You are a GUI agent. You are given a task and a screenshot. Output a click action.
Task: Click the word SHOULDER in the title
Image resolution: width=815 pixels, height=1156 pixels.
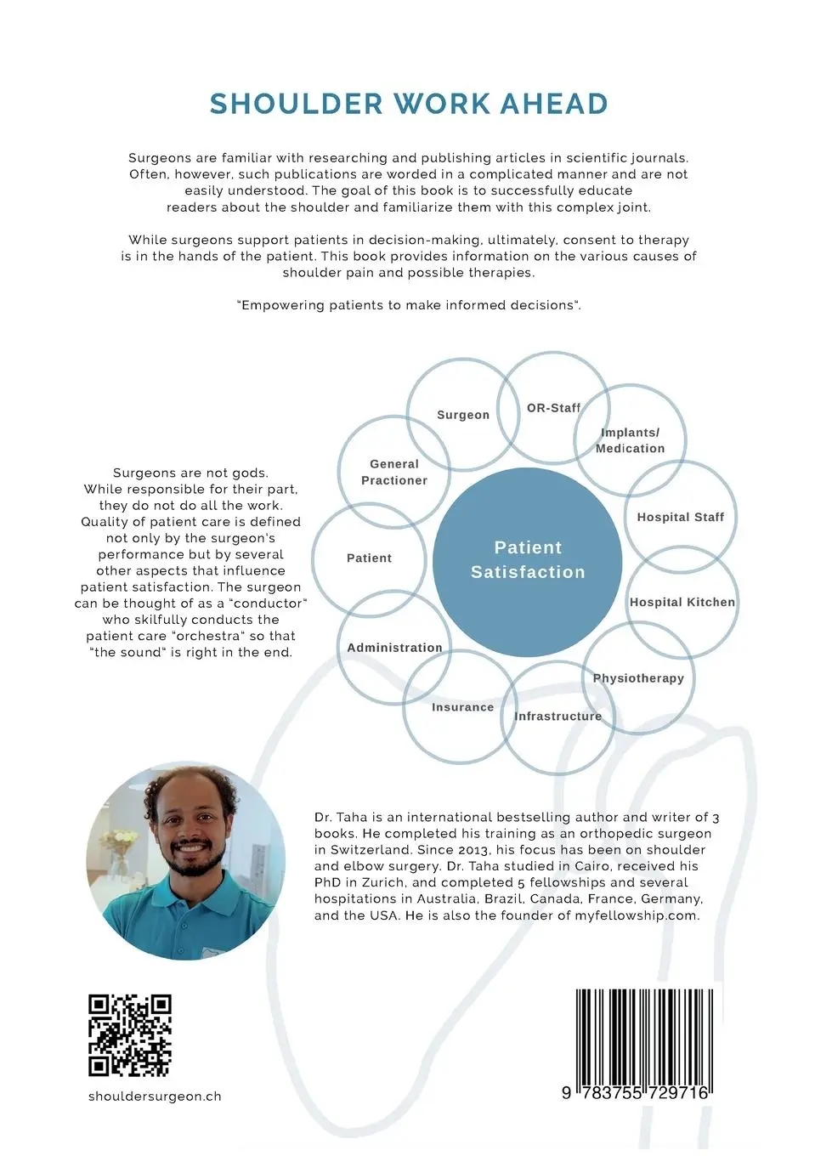296,104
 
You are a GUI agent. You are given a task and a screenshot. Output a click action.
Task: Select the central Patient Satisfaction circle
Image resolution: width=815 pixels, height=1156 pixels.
527,562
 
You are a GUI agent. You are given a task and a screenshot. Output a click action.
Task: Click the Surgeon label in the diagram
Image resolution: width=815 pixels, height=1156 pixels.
462,415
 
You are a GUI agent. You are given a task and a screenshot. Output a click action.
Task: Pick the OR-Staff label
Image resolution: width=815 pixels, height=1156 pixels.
553,408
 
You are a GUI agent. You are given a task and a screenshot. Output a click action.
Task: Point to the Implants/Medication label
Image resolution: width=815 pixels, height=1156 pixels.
630,440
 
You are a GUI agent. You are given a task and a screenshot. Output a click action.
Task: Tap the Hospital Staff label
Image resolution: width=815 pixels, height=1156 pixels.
681,517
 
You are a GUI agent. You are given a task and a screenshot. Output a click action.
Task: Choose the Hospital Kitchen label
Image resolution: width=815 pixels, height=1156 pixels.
682,602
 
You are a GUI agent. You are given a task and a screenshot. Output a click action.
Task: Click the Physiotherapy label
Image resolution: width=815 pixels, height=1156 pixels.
638,678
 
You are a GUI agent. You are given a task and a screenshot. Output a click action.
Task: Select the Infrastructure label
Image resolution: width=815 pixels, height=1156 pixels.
557,716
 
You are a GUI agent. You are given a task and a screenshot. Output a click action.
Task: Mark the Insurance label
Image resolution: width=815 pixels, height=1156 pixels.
462,707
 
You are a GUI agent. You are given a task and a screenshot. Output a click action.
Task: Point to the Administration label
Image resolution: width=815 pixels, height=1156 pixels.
394,647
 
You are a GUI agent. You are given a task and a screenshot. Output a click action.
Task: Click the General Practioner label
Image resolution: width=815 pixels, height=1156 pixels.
394,473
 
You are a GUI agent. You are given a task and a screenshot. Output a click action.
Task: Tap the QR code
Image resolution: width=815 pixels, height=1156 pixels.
129,1035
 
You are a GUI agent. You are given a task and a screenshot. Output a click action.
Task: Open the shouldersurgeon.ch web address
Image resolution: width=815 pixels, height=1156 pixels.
155,1096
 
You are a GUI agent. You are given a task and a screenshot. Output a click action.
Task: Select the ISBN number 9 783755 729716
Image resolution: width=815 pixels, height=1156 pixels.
635,1093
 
